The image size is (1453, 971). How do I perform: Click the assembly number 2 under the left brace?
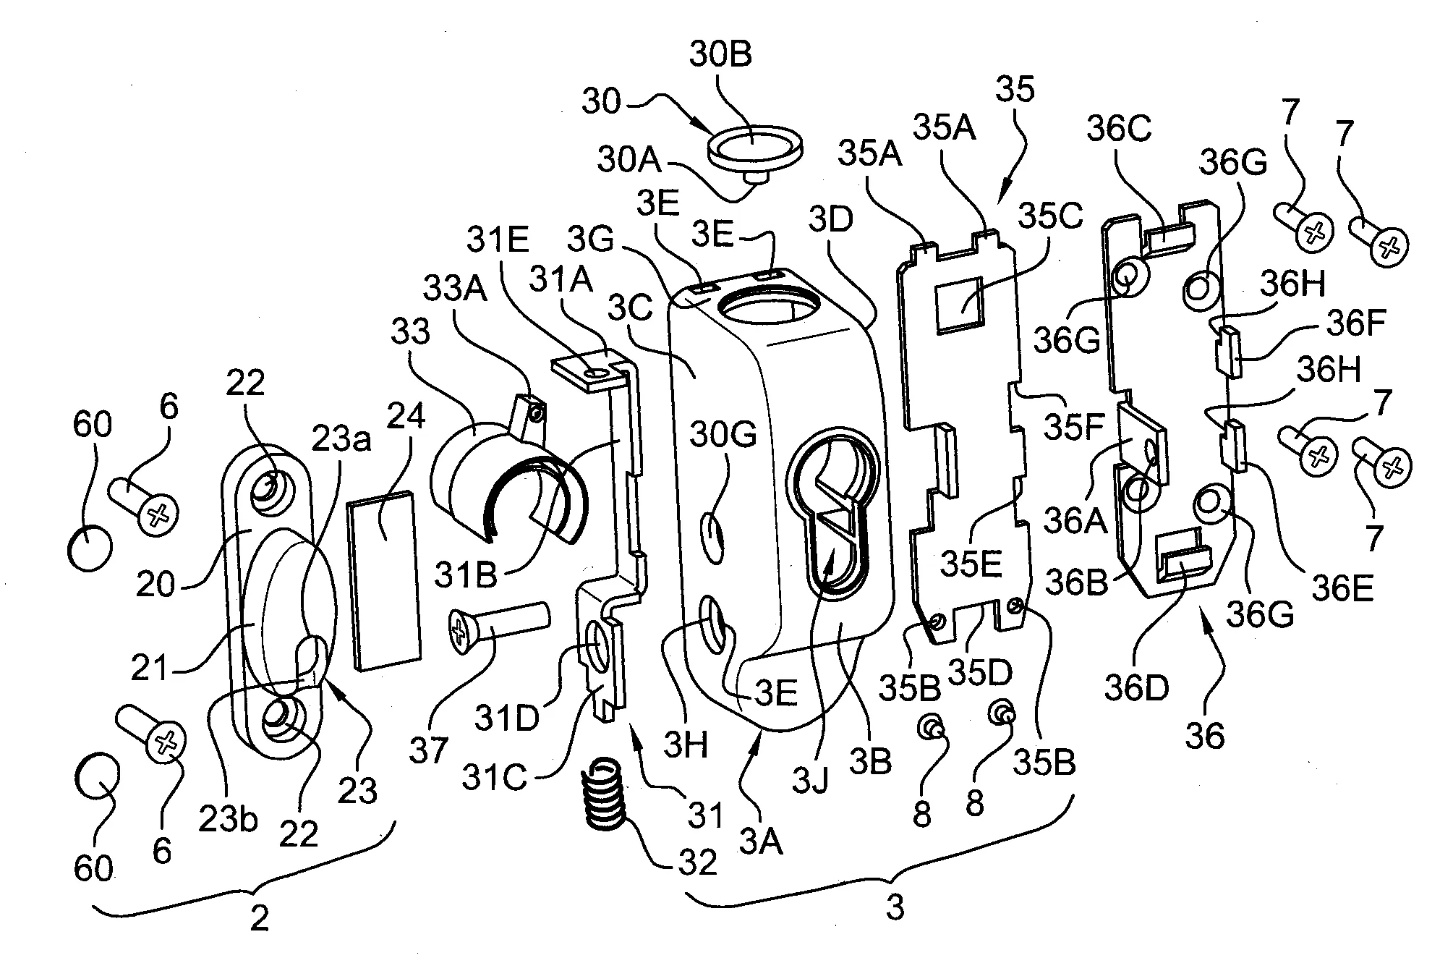pos(258,918)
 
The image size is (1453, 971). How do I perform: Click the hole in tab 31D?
pos(600,637)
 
